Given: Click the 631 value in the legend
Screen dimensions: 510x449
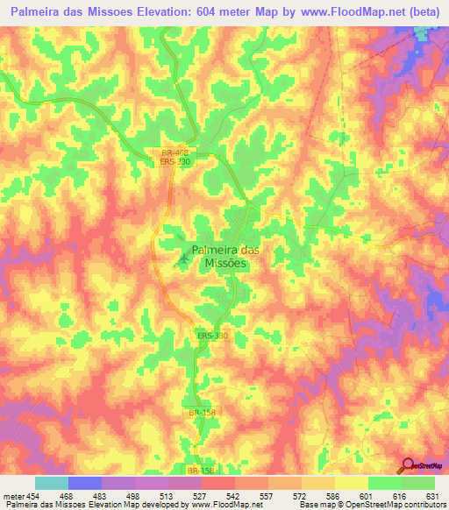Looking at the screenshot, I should click(x=432, y=495).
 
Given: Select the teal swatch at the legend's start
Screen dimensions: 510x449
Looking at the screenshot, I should click(x=52, y=483).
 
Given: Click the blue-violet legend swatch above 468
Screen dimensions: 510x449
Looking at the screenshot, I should click(x=85, y=483).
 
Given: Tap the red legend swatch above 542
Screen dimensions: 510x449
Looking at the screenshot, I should click(x=218, y=483).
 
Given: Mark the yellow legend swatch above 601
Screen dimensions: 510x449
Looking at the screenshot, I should click(x=351, y=483).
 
